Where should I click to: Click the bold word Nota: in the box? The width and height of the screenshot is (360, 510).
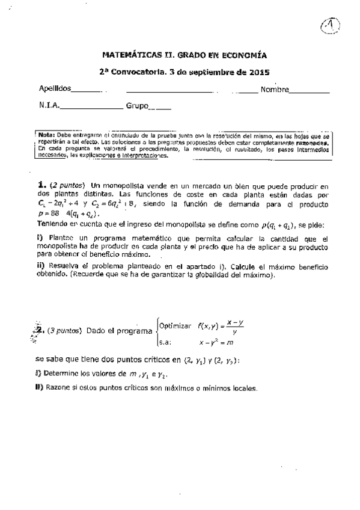click(x=46, y=135)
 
